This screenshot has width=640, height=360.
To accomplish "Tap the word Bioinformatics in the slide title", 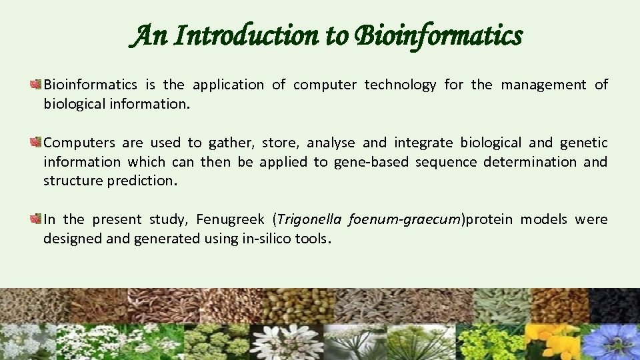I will click(438, 35).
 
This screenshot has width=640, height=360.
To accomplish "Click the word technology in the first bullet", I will click(398, 85).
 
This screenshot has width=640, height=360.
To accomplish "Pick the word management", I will click(543, 85).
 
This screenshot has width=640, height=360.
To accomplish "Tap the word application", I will click(228, 85).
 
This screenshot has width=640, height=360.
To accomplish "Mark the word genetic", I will click(583, 143).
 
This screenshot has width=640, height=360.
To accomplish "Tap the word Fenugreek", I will click(230, 219).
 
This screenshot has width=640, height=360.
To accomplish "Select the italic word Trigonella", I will click(307, 219).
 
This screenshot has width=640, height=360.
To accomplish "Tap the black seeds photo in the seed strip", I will click(614, 305).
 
